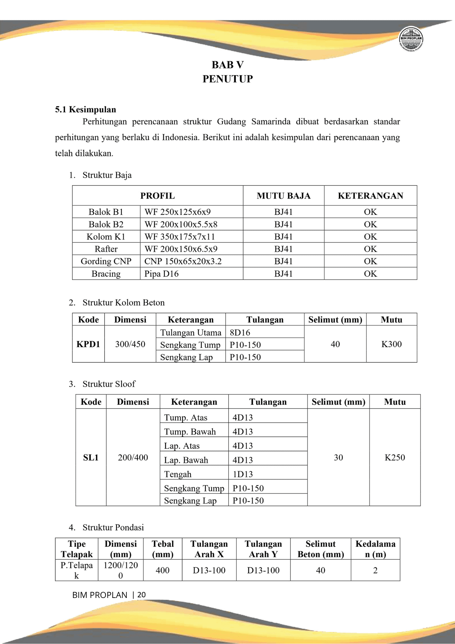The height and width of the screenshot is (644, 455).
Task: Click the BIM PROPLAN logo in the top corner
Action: pyautogui.click(x=411, y=39)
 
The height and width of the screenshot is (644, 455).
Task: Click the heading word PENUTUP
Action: pyautogui.click(x=227, y=79)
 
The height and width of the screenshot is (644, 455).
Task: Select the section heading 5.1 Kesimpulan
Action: pyautogui.click(x=85, y=109)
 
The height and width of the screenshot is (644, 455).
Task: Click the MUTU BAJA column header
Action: pyautogui.click(x=283, y=196)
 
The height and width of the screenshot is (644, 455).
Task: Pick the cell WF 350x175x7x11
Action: pyautogui.click(x=180, y=237)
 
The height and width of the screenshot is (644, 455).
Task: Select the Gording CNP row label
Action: pyautogui.click(x=106, y=261)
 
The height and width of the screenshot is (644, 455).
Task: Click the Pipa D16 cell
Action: pyautogui.click(x=161, y=274)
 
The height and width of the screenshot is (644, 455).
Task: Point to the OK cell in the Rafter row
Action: pyautogui.click(x=370, y=249)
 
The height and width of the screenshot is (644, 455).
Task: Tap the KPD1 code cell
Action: pyautogui.click(x=88, y=344)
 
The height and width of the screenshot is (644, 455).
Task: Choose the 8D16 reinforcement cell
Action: pyautogui.click(x=240, y=333)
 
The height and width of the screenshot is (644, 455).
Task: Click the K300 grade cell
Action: pyautogui.click(x=391, y=344)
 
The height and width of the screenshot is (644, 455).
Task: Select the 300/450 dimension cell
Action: pyautogui.click(x=130, y=344)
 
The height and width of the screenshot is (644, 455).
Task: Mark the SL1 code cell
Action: pyautogui.click(x=91, y=458)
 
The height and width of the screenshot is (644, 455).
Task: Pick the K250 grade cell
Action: pyautogui.click(x=395, y=458)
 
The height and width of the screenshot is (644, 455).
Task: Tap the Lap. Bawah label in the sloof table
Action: pyautogui.click(x=186, y=460)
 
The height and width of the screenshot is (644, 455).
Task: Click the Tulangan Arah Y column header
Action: pyautogui.click(x=263, y=549)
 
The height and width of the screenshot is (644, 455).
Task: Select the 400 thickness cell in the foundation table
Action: pyautogui.click(x=162, y=570)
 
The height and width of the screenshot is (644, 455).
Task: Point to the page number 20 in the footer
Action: pyautogui.click(x=142, y=595)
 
